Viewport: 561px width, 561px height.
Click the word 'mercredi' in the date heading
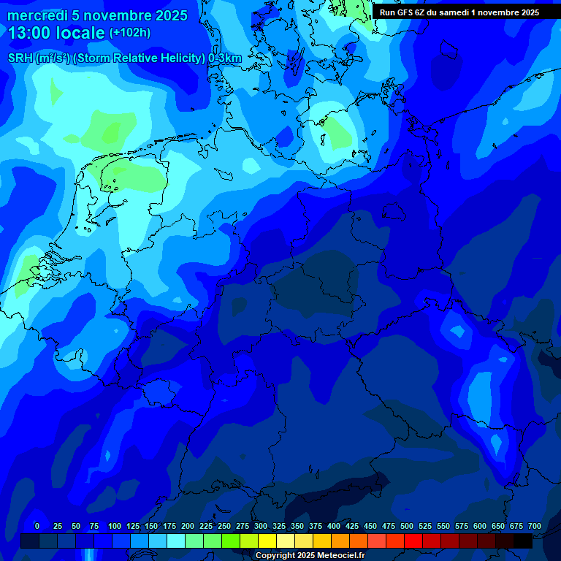37,15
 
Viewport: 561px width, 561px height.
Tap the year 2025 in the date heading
170,15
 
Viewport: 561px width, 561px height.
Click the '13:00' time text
30,33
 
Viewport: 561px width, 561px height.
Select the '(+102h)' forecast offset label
129,33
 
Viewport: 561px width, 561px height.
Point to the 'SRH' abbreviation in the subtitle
20,58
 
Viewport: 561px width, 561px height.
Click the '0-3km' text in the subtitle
225,58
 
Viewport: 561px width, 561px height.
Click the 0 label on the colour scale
37,527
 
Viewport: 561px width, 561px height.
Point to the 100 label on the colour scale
115,527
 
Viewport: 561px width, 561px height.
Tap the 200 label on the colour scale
188,527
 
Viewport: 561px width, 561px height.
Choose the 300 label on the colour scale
261,527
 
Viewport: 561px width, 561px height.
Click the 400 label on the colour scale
334,527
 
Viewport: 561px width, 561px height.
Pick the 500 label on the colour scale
407,527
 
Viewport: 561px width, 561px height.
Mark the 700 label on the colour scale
535,527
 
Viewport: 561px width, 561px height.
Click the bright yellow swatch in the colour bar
267,541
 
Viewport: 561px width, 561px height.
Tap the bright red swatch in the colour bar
413,541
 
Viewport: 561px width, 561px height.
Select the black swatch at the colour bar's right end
523,541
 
